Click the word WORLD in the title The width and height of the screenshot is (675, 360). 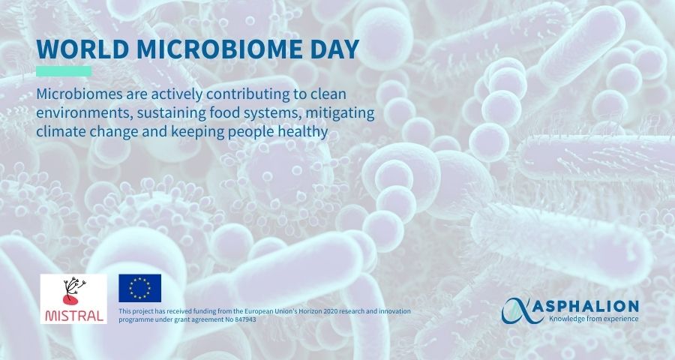click(x=82, y=49)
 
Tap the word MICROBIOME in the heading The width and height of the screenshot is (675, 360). click(x=214, y=49)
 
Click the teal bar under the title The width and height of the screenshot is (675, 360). click(x=64, y=71)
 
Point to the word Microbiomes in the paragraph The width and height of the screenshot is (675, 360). click(x=79, y=94)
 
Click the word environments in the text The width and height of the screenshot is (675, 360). click(x=84, y=112)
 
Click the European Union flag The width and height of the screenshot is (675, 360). click(x=140, y=288)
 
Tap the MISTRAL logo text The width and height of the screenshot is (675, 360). click(x=74, y=316)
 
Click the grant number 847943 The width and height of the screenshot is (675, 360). click(x=245, y=319)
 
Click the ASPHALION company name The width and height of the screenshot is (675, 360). click(x=594, y=307)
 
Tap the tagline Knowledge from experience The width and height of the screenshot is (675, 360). click(x=594, y=319)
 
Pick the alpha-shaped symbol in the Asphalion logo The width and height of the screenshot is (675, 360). click(x=522, y=310)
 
